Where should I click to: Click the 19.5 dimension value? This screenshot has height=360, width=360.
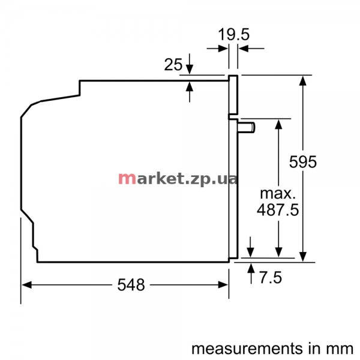click(233, 34)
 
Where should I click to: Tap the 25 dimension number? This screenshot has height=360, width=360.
click(173, 65)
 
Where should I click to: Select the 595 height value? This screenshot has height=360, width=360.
click(303, 162)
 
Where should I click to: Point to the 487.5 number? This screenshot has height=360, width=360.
click(278, 209)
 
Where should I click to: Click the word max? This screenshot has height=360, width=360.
click(278, 194)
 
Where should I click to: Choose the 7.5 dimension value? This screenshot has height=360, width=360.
click(271, 277)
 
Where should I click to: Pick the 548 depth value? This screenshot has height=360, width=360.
click(131, 285)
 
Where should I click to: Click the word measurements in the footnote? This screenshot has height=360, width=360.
click(247, 349)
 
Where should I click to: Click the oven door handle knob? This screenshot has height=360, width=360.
click(247, 128)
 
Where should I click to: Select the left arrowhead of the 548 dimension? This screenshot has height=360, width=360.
click(26, 285)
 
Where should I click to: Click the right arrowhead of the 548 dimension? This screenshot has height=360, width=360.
click(223, 285)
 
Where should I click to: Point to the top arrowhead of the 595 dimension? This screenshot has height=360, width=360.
click(303, 81)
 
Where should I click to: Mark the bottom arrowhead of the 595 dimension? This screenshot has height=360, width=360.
click(303, 257)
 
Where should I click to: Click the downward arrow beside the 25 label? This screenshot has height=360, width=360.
click(190, 64)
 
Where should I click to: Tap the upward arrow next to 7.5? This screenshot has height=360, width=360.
click(251, 274)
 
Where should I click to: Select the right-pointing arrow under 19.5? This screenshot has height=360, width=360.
click(217, 49)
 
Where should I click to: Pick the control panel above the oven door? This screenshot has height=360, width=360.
click(233, 95)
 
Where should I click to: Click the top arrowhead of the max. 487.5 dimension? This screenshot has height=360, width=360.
click(278, 124)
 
